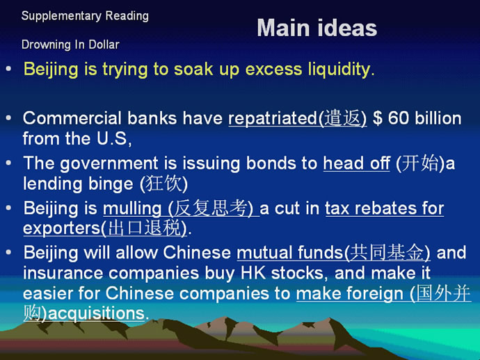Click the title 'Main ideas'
pos(317,28)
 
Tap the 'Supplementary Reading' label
pos(85,16)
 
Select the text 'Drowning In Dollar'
pos(70,44)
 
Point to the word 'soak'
pos(193,69)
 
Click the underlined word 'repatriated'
pos(273,118)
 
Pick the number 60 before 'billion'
pos(399,118)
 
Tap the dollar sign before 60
pos(378,118)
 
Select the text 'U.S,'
pos(114,138)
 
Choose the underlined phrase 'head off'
pos(357,163)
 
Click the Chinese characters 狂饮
pos(163,183)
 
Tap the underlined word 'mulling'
pos(132,208)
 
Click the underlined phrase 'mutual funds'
pos(290,253)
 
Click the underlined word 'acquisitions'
pos(96,313)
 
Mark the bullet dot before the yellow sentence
pos(8,69)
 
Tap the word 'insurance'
pos(63,273)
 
